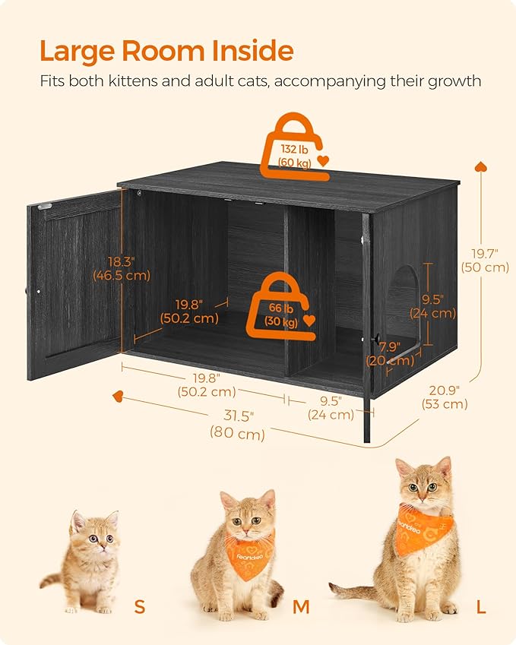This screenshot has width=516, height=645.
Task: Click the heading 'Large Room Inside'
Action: click(166, 51)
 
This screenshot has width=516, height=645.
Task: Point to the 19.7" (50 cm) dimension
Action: click(484, 260)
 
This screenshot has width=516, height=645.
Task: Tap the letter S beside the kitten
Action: click(139, 605)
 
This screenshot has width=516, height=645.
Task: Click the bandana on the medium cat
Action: click(249, 554)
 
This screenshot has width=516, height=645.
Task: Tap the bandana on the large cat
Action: click(424, 527)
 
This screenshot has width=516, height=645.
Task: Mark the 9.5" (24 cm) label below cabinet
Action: click(331, 407)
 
